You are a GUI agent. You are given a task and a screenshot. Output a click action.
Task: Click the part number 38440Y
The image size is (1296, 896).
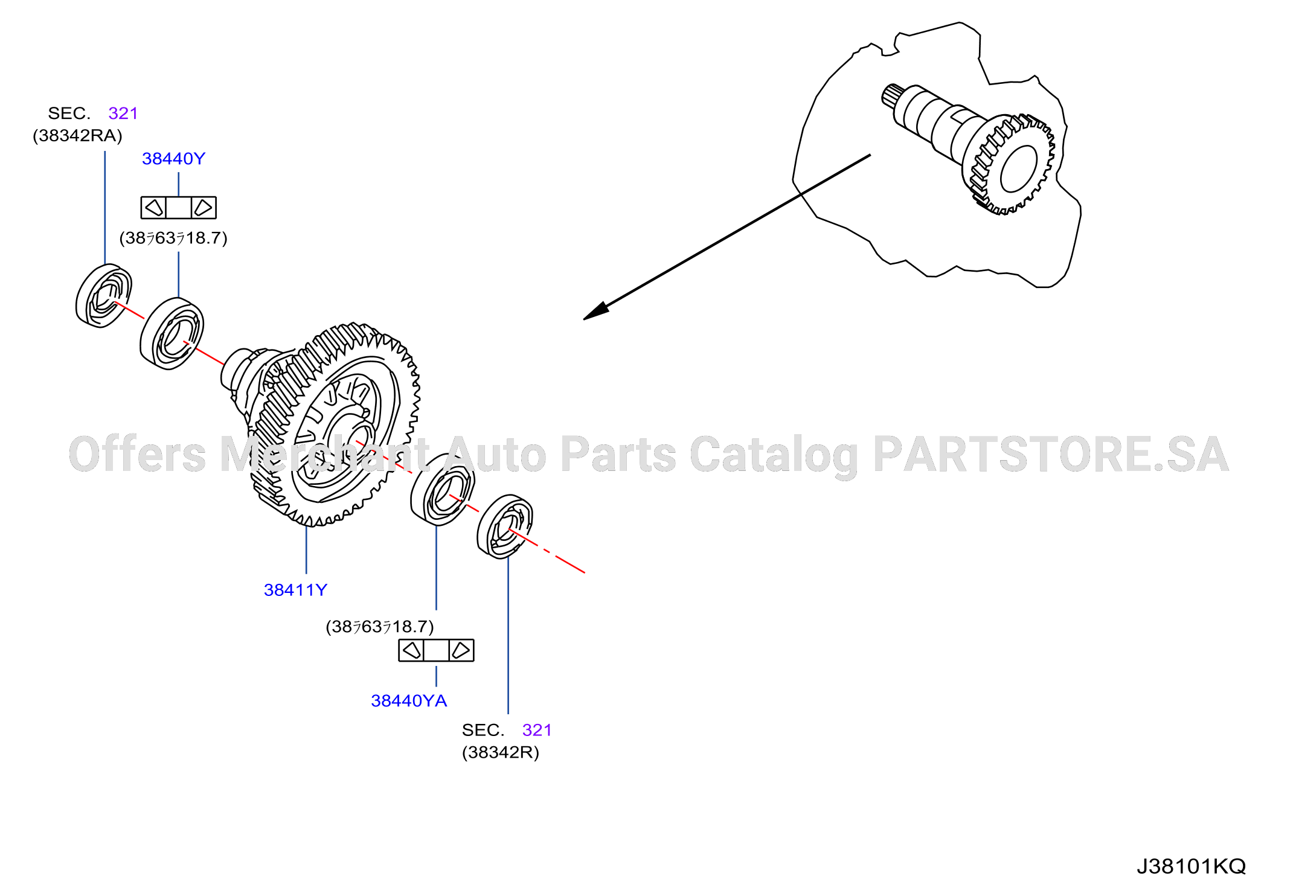pos(173,159)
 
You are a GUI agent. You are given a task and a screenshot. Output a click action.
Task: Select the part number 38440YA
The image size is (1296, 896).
pos(409,701)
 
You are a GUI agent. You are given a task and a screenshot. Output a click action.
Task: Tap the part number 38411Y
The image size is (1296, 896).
pos(295,590)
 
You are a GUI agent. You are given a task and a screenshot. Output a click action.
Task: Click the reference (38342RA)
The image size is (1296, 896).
pos(77,136)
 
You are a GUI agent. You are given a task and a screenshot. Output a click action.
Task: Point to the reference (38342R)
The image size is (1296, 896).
pos(501,752)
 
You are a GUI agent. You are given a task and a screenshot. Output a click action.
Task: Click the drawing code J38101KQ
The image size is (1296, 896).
pos(1191,866)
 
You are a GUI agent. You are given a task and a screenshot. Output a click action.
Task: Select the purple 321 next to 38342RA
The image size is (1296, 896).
pos(123,114)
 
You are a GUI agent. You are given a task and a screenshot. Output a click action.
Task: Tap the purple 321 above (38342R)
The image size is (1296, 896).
pos(537,730)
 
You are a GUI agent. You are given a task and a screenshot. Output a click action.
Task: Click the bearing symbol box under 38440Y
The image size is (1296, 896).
pos(179,208)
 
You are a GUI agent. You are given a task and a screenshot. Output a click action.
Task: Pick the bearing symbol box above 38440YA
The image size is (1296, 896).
pos(436,650)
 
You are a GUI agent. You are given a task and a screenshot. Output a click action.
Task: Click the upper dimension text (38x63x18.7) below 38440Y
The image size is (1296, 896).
pos(173,238)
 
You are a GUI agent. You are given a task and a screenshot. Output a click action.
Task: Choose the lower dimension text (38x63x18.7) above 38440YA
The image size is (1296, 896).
pos(380,627)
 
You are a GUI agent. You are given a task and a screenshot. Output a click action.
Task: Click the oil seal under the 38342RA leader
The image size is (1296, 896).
pos(104,296)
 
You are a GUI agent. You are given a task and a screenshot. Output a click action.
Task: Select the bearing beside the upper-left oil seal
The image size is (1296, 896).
pos(172,333)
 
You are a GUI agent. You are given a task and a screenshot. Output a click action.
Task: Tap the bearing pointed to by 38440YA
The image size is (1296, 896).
pos(443,490)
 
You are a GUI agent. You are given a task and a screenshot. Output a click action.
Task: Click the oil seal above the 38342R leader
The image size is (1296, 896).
pos(505,527)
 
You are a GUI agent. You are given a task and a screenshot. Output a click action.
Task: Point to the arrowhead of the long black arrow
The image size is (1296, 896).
pos(595,312)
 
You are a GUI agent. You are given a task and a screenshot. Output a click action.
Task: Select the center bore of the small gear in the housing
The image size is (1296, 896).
pos(1019,168)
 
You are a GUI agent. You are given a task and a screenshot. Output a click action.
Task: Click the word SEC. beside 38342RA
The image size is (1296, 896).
pos(69,114)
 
